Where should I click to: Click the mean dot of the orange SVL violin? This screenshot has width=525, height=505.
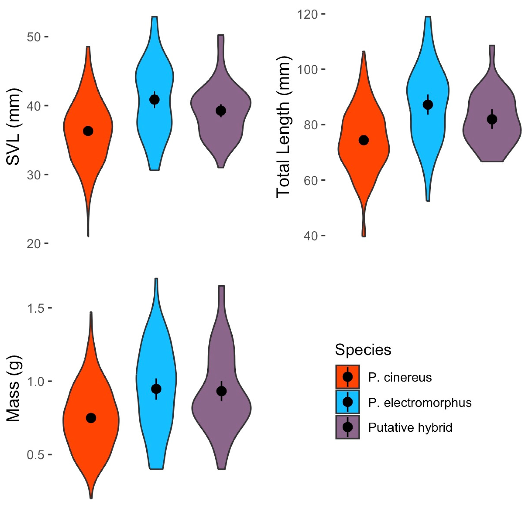coord(88,131)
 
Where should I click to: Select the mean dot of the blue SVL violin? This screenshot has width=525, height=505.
coord(155,100)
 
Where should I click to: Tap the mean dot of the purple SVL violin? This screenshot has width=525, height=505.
coord(221,111)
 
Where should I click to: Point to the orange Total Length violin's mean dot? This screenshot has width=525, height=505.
coord(364,140)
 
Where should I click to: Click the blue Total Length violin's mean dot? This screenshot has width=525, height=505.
coord(428,105)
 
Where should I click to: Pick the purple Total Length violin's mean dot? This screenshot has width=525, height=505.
coord(492,119)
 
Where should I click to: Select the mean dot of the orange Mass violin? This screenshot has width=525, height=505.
coord(91,418)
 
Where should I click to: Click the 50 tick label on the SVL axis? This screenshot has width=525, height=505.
coord(34,37)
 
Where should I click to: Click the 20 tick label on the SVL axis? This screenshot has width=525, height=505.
coord(34,244)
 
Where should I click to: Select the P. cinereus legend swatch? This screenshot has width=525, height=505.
coord(347,377)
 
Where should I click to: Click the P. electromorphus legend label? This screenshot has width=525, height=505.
coord(420,402)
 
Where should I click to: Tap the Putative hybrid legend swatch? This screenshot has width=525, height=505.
coord(347,427)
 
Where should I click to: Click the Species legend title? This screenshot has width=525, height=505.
coord(363,350)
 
